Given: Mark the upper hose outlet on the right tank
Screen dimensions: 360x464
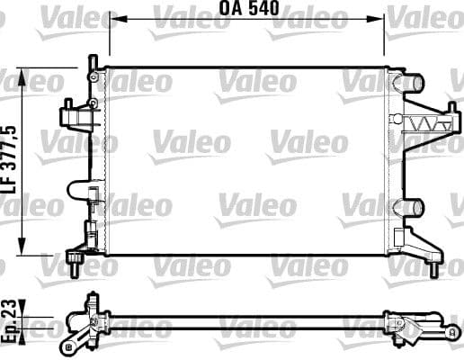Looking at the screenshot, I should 412,84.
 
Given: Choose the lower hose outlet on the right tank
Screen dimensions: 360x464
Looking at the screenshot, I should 412,207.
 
